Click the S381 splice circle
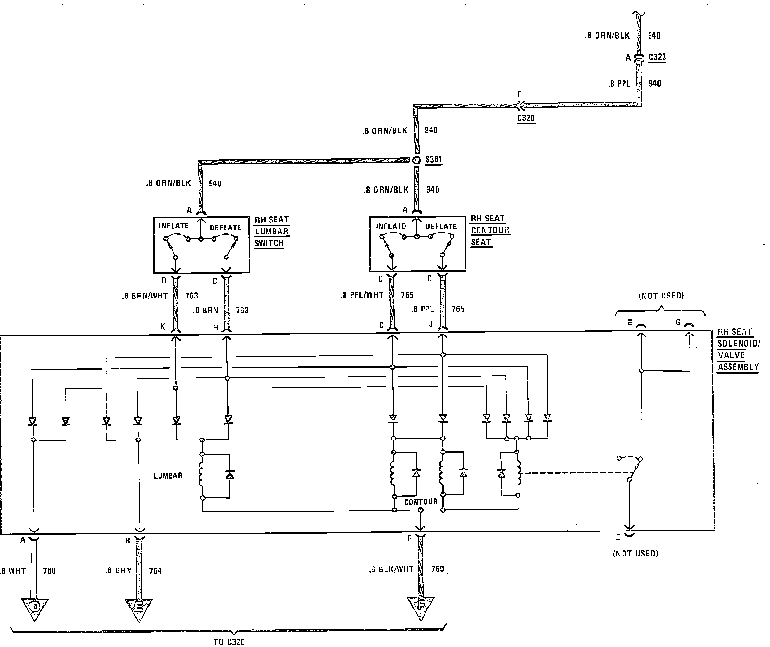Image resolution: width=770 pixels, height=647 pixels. point(417,160)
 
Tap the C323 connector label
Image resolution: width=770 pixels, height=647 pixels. point(657,57)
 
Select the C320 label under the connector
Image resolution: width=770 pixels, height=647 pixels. point(525,117)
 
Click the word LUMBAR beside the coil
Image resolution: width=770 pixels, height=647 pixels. point(168,476)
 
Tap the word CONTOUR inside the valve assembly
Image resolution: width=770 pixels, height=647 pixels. point(421,502)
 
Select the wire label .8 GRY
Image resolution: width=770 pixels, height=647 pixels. point(119,571)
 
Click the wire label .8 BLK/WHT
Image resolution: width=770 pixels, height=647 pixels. point(391,569)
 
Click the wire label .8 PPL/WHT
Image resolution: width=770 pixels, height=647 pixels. point(362,295)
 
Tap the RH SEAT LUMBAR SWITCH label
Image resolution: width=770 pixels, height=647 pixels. point(271,231)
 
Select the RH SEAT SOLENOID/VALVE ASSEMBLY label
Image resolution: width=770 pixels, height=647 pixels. point(738,349)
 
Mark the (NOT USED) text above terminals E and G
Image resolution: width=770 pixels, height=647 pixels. point(661,296)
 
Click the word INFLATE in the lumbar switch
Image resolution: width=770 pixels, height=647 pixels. point(174,225)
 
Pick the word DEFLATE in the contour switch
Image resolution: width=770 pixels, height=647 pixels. point(441,226)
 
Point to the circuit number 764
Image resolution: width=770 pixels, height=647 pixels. point(155,571)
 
